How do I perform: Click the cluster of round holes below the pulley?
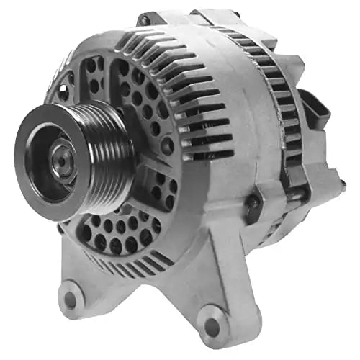click(115, 230)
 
